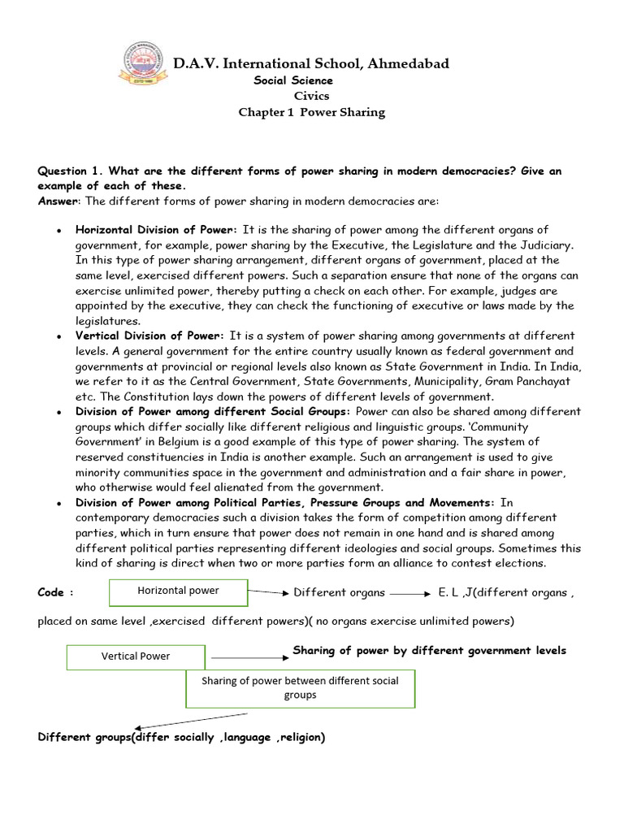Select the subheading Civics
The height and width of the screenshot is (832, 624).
[311, 96]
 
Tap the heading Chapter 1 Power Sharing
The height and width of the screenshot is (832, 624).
[311, 112]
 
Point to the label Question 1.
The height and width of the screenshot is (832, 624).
[71, 171]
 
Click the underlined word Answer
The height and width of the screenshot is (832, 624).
[58, 201]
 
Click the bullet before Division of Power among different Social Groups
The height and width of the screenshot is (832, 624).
[59, 413]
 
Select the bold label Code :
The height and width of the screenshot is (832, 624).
[56, 592]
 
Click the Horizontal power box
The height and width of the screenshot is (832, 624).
[178, 591]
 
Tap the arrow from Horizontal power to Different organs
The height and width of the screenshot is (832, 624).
[268, 592]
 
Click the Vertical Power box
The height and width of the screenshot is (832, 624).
[136, 656]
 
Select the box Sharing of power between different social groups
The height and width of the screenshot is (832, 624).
[301, 687]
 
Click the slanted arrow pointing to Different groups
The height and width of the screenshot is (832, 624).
[192, 721]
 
